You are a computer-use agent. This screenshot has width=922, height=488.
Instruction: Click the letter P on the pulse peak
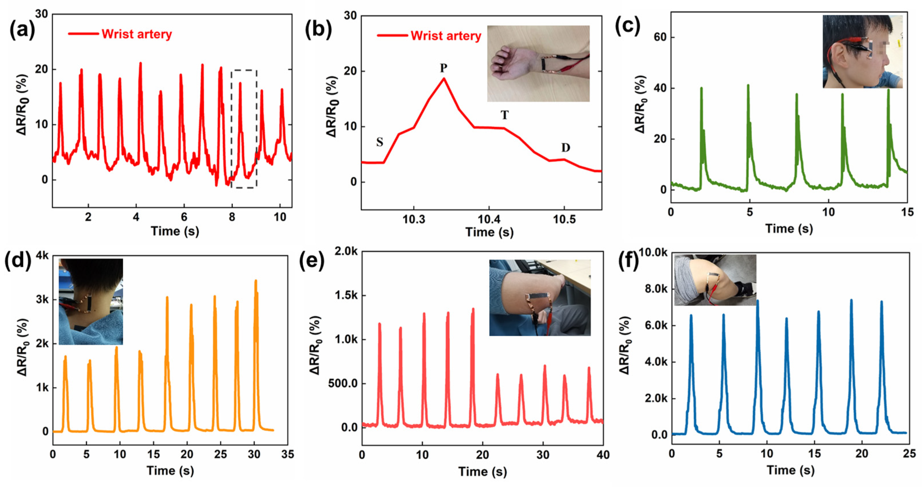(x=443, y=68)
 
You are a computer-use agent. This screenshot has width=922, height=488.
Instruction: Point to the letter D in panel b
(x=565, y=148)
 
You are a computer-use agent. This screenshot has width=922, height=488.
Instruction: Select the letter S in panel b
(x=380, y=142)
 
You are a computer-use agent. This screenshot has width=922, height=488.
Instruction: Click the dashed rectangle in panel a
(x=244, y=129)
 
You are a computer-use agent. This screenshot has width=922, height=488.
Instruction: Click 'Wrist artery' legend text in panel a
(x=136, y=34)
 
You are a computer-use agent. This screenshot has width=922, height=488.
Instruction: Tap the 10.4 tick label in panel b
(x=489, y=219)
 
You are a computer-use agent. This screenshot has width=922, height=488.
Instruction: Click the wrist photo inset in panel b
(x=538, y=63)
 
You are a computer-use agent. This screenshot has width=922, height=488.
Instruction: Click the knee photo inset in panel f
(x=715, y=280)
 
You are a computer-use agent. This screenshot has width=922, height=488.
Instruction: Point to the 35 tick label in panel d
(x=287, y=454)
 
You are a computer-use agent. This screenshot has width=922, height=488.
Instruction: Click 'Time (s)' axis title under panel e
(x=482, y=472)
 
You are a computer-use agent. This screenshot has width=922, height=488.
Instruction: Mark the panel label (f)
(x=629, y=262)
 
